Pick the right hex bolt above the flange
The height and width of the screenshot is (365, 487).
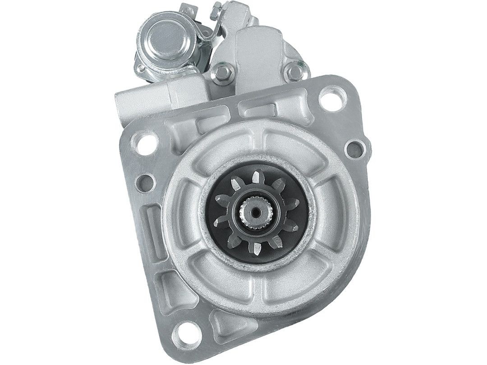pos(294,70)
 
